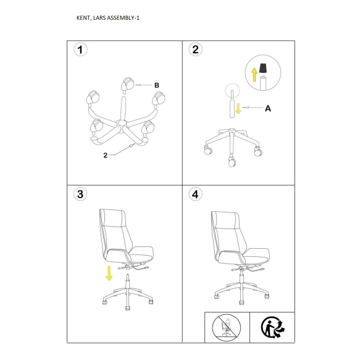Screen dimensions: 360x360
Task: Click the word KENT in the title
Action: pyautogui.click(x=83, y=18)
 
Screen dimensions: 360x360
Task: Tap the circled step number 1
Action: pyautogui.click(x=80, y=50)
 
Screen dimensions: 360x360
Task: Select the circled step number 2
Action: pyautogui.click(x=195, y=49)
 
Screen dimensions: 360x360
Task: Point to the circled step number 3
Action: pyautogui.click(x=80, y=195)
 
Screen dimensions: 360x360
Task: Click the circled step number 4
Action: pyautogui.click(x=195, y=195)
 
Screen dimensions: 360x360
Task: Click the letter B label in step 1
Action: pyautogui.click(x=157, y=85)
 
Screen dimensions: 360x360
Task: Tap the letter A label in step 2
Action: pyautogui.click(x=268, y=108)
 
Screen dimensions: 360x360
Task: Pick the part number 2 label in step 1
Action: pyautogui.click(x=105, y=156)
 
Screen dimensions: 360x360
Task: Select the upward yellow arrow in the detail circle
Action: pyautogui.click(x=254, y=75)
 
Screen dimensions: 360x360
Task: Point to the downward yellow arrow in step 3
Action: pyautogui.click(x=109, y=273)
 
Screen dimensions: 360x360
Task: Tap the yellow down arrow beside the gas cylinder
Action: pyautogui.click(x=238, y=108)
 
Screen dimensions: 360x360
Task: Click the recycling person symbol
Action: pyautogui.click(x=273, y=327)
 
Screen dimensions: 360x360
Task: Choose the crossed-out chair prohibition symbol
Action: pyautogui.click(x=227, y=328)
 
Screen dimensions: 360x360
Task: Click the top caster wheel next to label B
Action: pyautogui.click(x=127, y=85)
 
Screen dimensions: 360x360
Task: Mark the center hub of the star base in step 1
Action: pyautogui.click(x=122, y=123)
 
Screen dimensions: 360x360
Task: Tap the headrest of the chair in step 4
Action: pyautogui.click(x=225, y=219)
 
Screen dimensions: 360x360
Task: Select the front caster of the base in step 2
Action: pyautogui.click(x=232, y=162)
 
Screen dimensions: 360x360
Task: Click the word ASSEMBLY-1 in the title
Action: pyautogui.click(x=123, y=18)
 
